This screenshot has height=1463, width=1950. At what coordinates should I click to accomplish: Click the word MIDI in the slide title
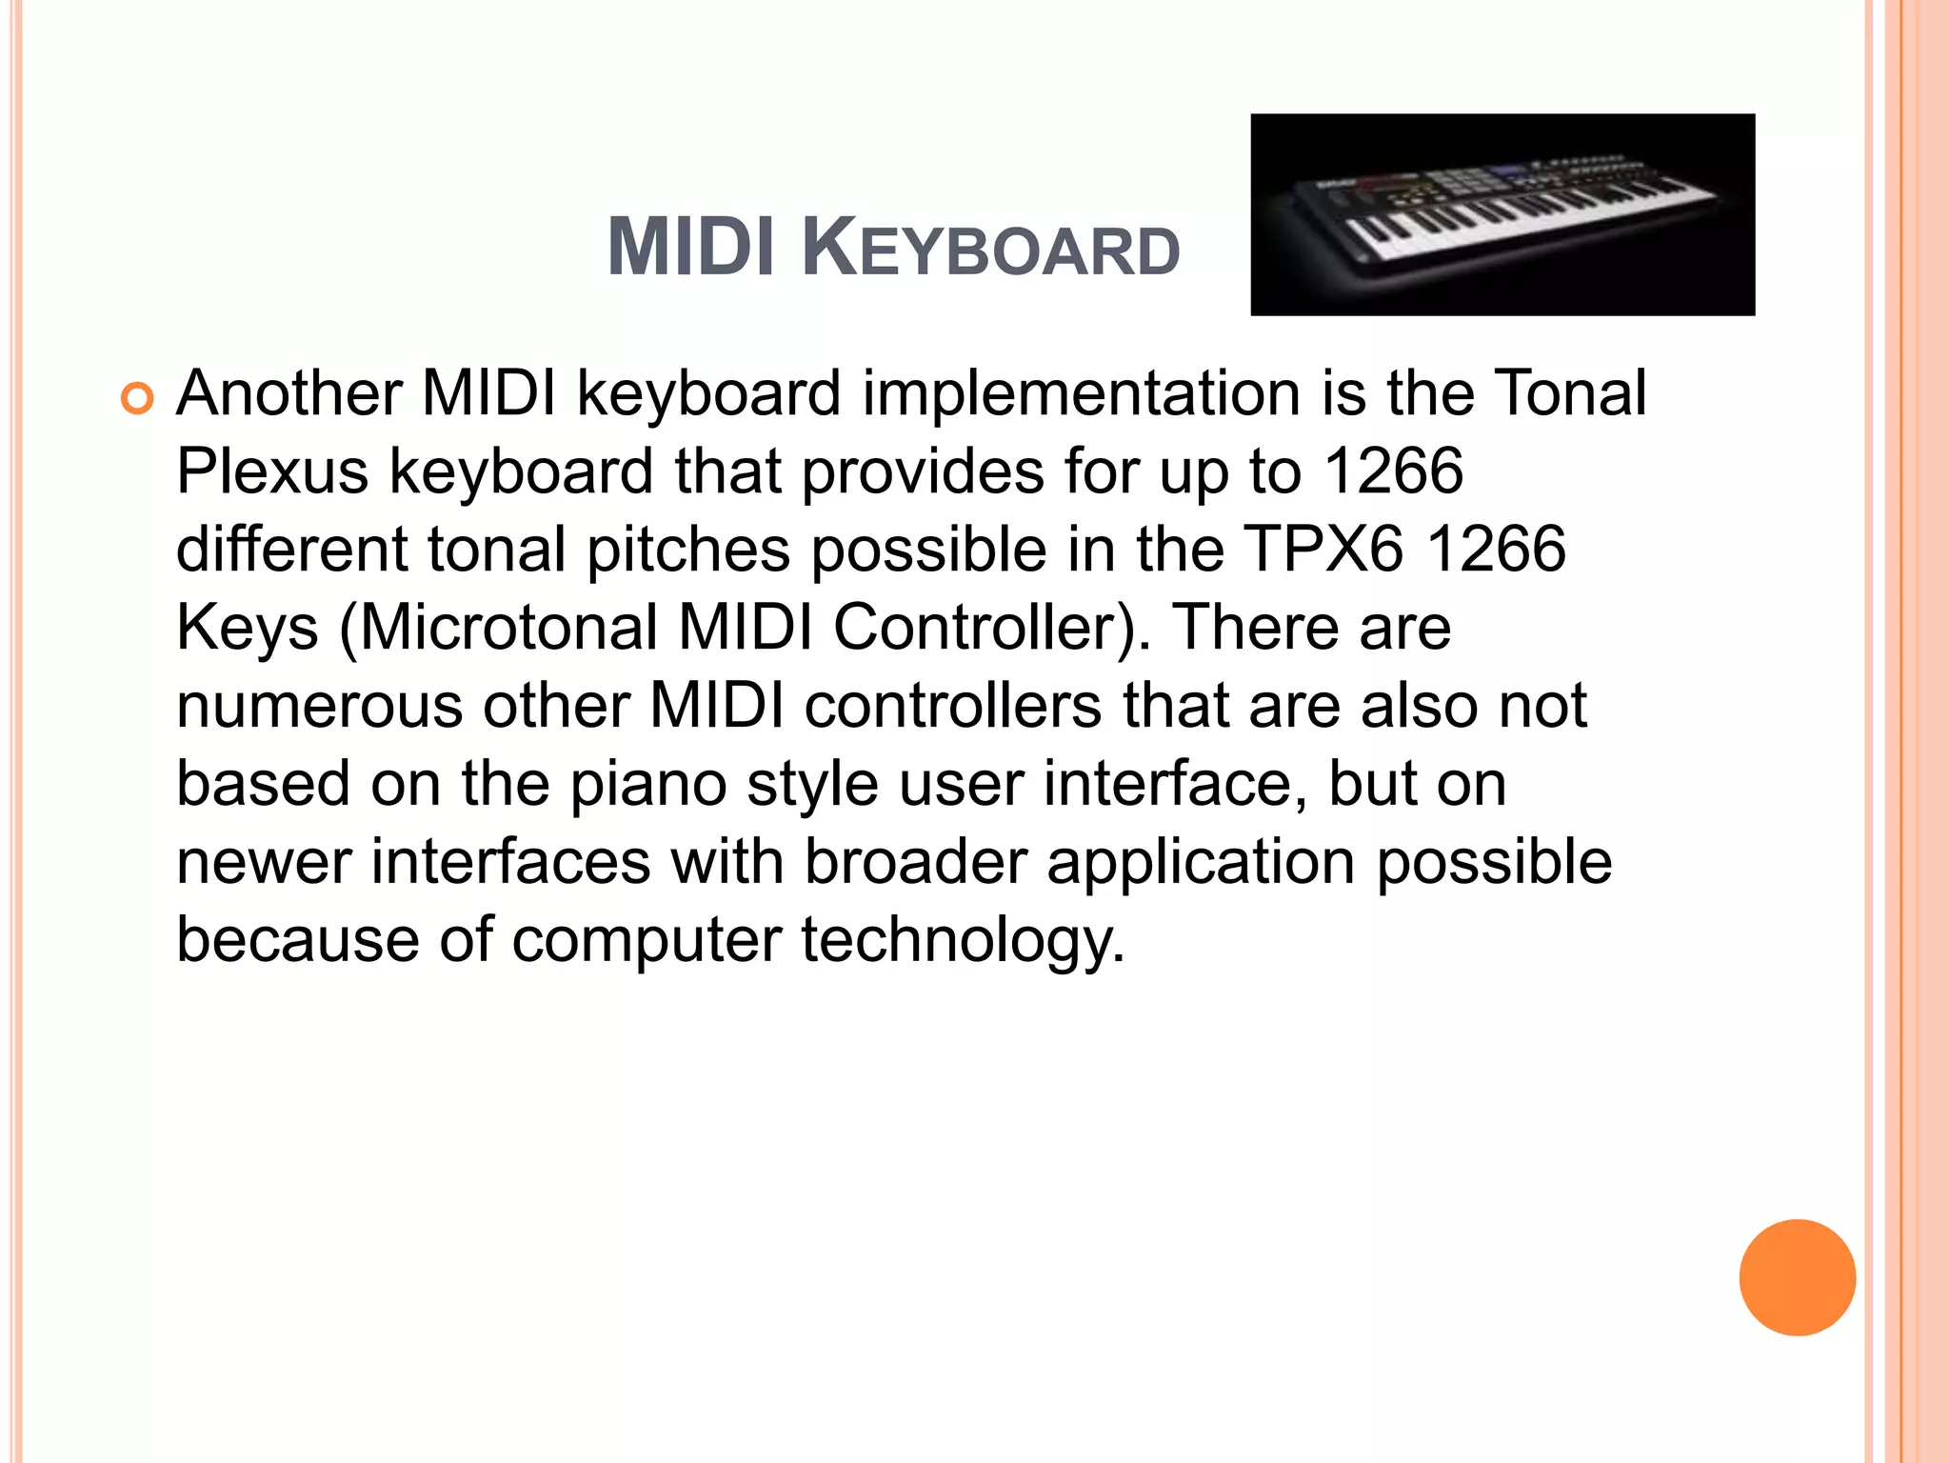690,248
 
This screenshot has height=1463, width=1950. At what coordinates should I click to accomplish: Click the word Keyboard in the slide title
990,248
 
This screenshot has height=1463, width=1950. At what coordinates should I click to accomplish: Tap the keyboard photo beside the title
1502,214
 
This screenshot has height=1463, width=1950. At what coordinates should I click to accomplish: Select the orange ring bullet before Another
137,398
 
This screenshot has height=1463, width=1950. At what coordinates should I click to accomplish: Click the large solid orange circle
1797,1277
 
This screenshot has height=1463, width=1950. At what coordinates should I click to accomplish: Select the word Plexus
272,471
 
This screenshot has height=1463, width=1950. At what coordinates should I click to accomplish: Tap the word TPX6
1323,550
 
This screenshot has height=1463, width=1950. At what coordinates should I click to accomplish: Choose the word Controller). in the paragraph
991,628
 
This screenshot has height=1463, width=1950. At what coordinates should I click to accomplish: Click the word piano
648,784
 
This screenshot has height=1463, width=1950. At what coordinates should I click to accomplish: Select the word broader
915,862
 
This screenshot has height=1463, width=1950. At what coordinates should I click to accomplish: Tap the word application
1201,862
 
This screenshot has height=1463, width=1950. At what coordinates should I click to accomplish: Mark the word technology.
963,940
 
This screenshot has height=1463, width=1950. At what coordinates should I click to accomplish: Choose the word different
291,550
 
